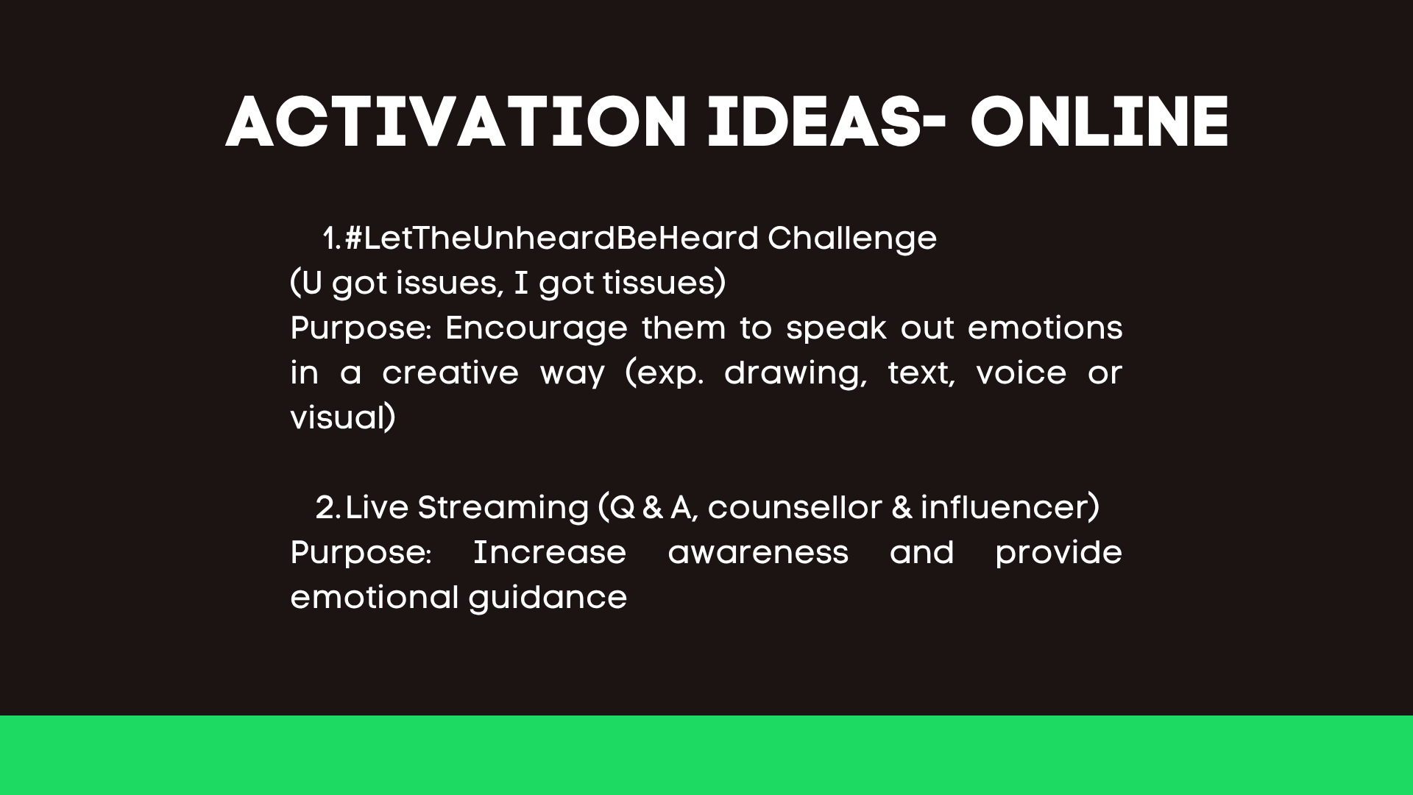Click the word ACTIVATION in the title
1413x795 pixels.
(456, 122)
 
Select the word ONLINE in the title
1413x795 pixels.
(1099, 122)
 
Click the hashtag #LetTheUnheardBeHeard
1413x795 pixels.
(551, 238)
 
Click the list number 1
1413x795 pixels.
(332, 239)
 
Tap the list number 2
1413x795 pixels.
(327, 508)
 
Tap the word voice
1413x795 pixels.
(1021, 373)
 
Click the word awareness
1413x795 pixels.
(758, 553)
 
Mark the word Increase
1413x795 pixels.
(549, 553)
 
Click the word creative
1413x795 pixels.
(450, 373)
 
